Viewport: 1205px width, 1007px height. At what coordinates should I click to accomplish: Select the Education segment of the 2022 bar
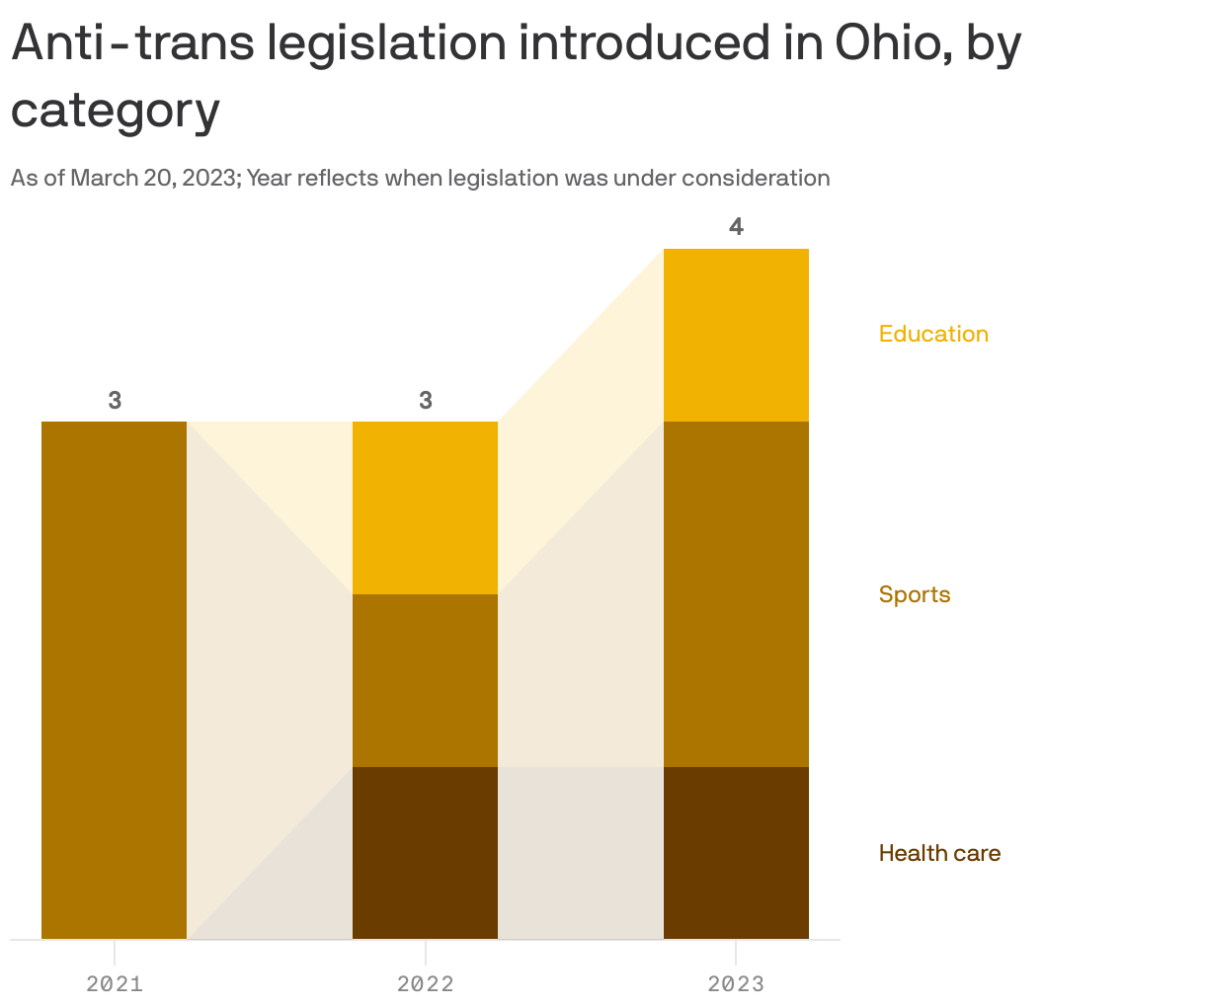pos(425,507)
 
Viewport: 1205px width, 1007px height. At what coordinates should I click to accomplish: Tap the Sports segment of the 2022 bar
pos(425,680)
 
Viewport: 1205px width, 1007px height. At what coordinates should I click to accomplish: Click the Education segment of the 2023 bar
pos(736,335)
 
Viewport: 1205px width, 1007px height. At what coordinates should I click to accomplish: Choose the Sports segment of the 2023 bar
pos(736,593)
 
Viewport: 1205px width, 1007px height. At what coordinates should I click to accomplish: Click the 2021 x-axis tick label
pos(115,983)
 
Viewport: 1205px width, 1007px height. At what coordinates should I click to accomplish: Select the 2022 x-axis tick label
pos(425,983)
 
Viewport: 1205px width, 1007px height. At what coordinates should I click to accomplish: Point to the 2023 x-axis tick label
pos(736,983)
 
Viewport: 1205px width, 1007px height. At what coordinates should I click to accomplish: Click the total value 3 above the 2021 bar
pos(115,400)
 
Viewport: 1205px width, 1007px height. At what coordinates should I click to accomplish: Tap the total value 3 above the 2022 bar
pos(425,400)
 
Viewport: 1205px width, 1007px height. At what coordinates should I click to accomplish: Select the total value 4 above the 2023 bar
pos(736,227)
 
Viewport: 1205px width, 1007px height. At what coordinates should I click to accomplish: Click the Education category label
pos(933,334)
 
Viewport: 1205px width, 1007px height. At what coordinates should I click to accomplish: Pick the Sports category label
pos(915,594)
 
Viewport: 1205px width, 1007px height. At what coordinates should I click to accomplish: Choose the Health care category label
pos(939,853)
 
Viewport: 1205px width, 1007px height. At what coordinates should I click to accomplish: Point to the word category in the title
pos(115,111)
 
